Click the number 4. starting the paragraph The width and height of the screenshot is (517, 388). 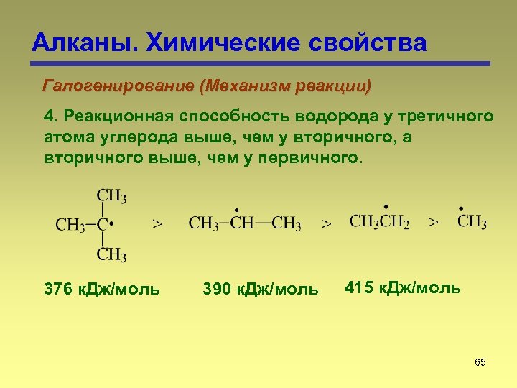[x=50, y=117]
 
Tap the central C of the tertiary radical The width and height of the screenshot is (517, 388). [x=103, y=224]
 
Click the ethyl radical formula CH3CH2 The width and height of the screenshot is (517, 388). [x=379, y=222]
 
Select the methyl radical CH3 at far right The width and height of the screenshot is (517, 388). [x=472, y=221]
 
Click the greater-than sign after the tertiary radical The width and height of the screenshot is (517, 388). [x=158, y=224]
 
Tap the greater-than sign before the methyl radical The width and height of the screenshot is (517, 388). [x=433, y=223]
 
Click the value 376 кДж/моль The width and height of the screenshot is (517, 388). [x=102, y=290]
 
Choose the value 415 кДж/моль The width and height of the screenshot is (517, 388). [x=402, y=288]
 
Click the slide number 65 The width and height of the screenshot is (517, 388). [x=480, y=362]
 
